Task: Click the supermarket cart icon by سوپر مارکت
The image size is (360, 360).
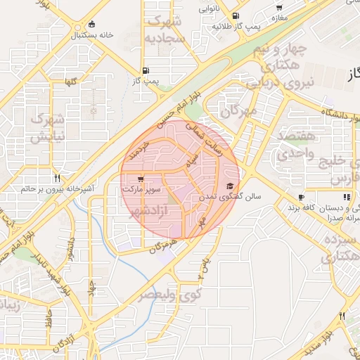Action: click(142, 179)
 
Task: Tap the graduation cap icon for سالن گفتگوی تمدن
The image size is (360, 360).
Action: click(229, 186)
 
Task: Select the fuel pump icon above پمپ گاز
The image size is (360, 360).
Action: click(145, 70)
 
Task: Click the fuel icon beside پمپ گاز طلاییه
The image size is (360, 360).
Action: click(234, 16)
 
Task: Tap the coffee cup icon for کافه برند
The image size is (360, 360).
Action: click(301, 197)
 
